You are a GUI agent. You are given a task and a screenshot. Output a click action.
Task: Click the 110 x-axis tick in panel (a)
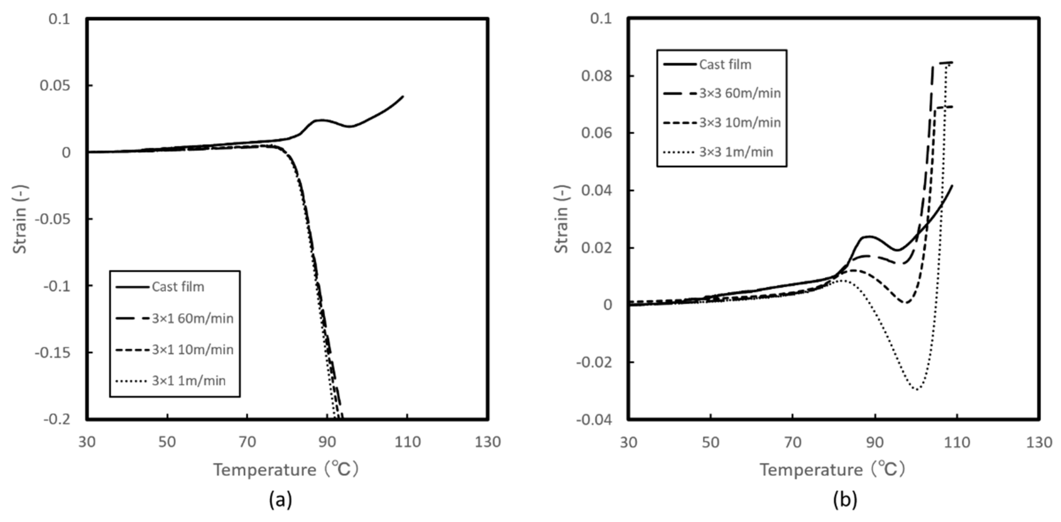[407, 442]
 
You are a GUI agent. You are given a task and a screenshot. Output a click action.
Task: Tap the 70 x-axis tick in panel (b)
[792, 442]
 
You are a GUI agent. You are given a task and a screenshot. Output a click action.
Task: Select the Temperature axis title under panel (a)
[285, 470]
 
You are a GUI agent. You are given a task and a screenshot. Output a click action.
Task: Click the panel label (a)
[281, 500]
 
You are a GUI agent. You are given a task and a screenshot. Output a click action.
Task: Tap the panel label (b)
[845, 500]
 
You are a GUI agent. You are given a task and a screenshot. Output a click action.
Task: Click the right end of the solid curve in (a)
[403, 97]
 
